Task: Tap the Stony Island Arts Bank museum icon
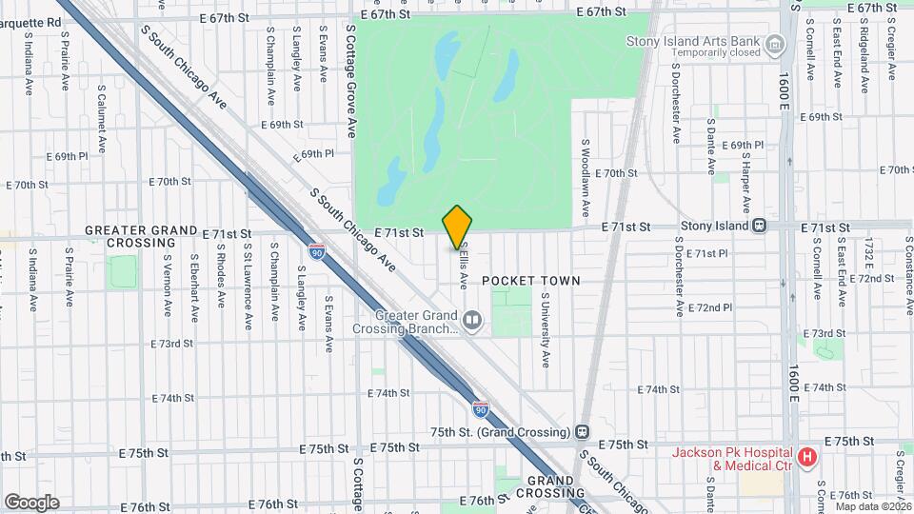pos(775,43)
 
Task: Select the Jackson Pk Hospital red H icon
pos(807,458)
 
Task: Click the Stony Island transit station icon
pos(760,227)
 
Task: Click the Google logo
pos(31,502)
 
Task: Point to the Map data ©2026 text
pos(872,504)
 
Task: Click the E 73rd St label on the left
pos(172,344)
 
